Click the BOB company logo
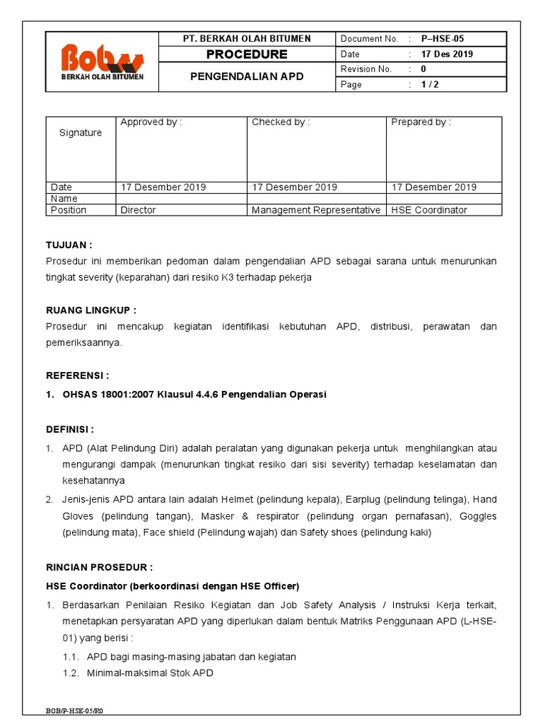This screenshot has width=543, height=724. [x=102, y=62]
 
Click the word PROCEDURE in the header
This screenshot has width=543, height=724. [x=246, y=54]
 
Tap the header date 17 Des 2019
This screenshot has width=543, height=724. [x=447, y=54]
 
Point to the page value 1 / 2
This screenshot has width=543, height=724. [x=430, y=84]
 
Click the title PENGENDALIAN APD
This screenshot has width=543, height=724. [x=246, y=76]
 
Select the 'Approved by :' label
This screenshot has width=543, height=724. [x=151, y=122]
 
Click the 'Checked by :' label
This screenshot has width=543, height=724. [x=281, y=122]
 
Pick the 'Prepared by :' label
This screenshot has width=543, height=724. [x=421, y=122]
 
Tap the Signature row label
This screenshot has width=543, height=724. [x=81, y=133]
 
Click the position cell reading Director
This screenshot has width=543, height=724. [x=139, y=210]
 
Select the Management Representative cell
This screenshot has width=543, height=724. [x=316, y=210]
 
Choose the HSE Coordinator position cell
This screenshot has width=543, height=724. [x=429, y=210]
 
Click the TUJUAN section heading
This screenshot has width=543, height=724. [x=69, y=245]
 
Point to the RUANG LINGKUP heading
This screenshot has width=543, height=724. [x=91, y=310]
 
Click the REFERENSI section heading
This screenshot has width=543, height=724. [x=78, y=375]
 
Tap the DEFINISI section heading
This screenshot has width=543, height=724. [x=70, y=429]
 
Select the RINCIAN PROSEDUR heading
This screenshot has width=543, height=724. [x=99, y=567]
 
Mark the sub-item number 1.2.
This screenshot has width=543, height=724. [x=71, y=673]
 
